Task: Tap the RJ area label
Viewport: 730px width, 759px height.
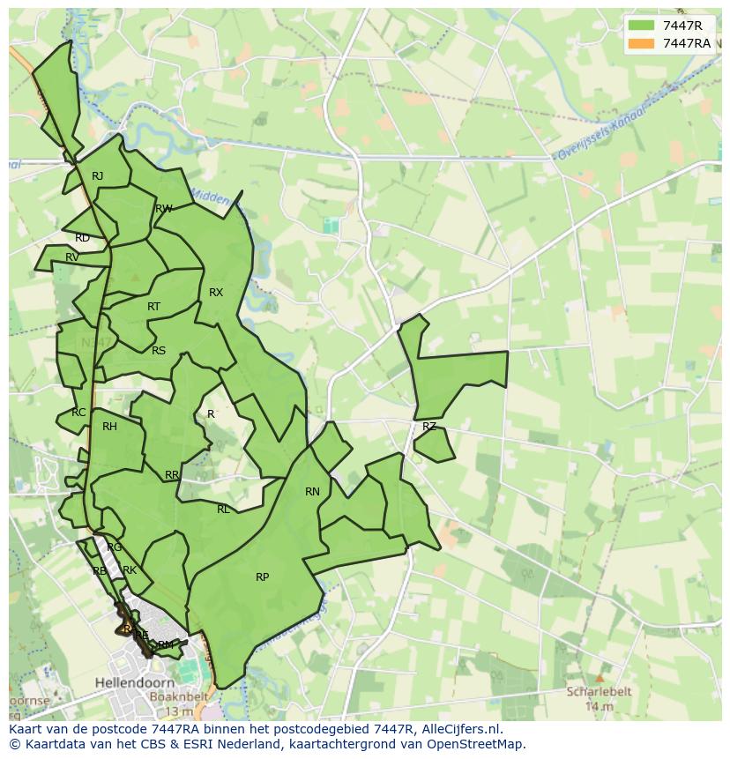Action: (98, 176)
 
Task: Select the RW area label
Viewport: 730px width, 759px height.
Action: (163, 209)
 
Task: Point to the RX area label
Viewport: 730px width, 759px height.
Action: (216, 293)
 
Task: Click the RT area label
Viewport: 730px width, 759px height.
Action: (154, 307)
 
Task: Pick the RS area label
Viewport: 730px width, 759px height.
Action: (159, 351)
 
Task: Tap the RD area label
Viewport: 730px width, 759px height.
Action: (82, 238)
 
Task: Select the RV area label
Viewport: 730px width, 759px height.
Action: (72, 257)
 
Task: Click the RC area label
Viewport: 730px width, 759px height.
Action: (79, 413)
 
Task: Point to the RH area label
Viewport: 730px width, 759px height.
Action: (109, 427)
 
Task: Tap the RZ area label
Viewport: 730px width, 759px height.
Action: (429, 427)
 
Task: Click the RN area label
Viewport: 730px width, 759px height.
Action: (312, 492)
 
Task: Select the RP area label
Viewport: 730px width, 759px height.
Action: (262, 577)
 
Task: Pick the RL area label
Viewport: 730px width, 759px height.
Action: (223, 510)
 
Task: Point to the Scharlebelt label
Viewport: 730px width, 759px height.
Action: (599, 693)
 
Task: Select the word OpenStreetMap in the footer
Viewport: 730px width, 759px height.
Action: (477, 744)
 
